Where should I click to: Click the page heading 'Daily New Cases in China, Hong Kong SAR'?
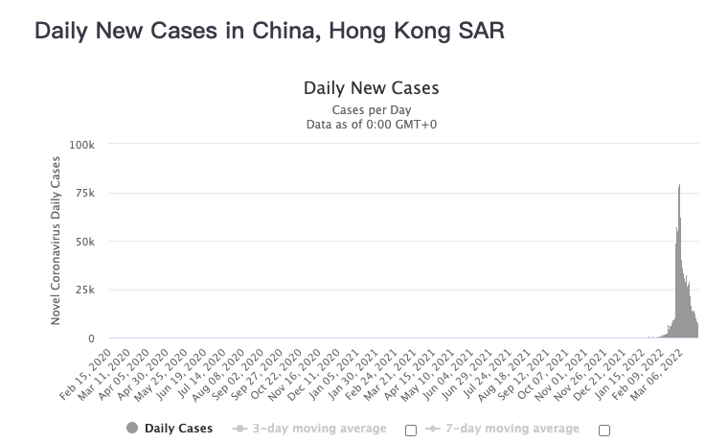pyautogui.click(x=269, y=31)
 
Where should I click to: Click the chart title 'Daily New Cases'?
pyautogui.click(x=371, y=88)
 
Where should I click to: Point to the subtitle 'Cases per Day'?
pyautogui.click(x=371, y=109)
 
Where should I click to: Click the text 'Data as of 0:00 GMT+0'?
pyautogui.click(x=371, y=124)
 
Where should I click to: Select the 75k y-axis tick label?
pyautogui.click(x=86, y=193)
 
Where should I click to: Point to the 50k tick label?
pyautogui.click(x=86, y=242)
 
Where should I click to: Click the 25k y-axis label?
pyautogui.click(x=86, y=291)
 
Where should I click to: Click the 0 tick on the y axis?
pyautogui.click(x=93, y=338)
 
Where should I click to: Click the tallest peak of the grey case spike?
pyautogui.click(x=679, y=186)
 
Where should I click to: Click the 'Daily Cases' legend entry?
pyautogui.click(x=170, y=429)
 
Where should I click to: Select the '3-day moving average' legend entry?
pyautogui.click(x=310, y=429)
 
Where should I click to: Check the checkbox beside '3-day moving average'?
pyautogui.click(x=411, y=431)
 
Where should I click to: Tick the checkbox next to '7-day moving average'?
pyautogui.click(x=604, y=431)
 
